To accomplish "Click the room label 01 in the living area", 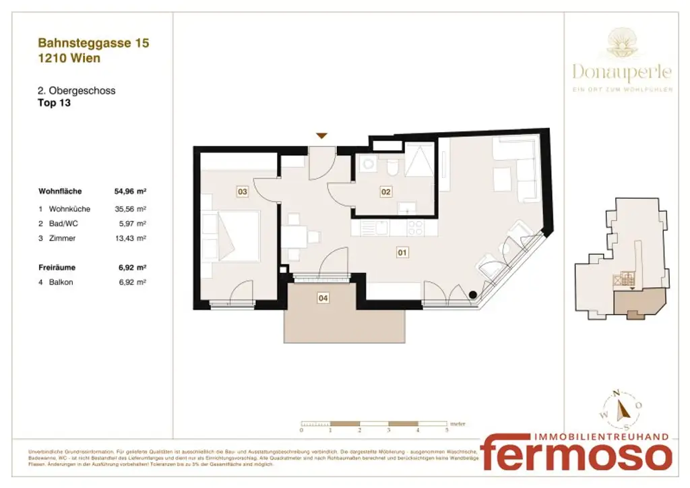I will pos(402,253).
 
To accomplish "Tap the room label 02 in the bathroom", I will pos(386,192).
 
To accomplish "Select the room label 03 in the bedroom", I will pos(243,192).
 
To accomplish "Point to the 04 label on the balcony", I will pos(323,297).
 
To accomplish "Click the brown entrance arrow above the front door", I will pos(322,135).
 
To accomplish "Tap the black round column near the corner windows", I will pos(473,294).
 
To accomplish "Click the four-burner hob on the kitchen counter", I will pos(416,228).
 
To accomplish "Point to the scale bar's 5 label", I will pos(446,429).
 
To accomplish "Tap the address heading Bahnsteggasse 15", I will pos(94,43).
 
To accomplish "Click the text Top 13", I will pos(55,103).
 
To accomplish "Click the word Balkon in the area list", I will pos(61,282).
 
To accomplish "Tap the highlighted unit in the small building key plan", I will pos(640,304).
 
